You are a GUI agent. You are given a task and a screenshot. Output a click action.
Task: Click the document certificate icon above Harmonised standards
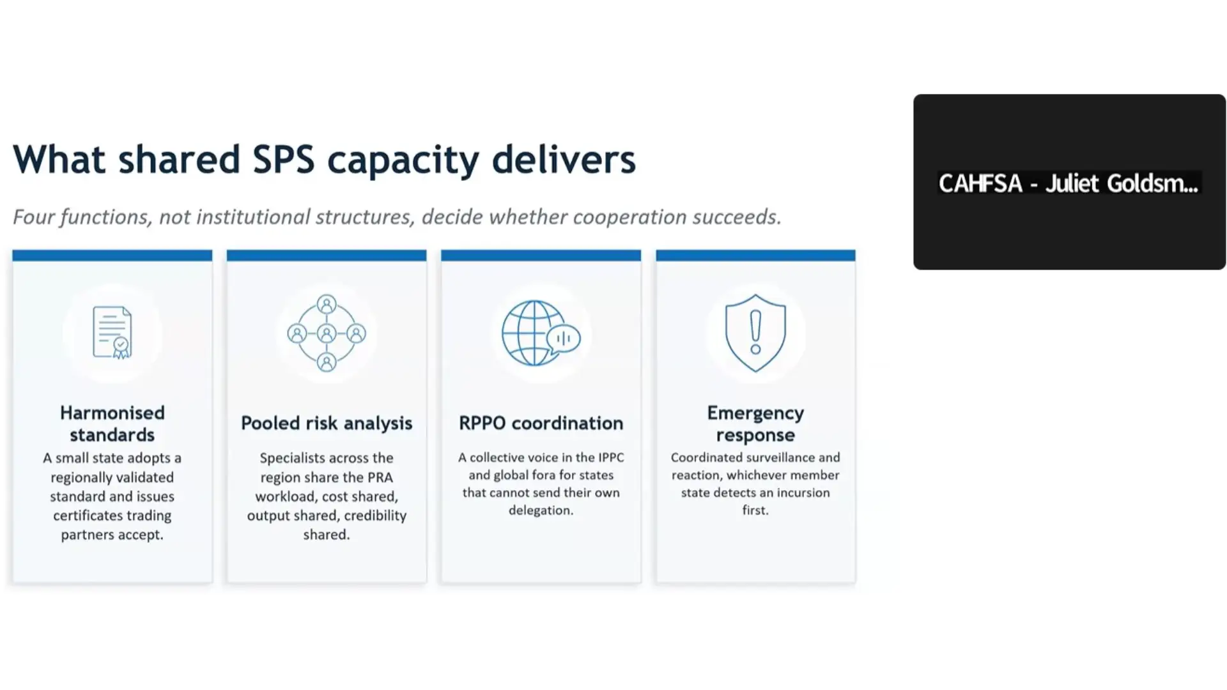point(112,332)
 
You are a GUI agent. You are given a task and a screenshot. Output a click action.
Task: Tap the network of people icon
point(327,333)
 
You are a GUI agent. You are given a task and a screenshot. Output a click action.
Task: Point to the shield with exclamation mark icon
point(755,333)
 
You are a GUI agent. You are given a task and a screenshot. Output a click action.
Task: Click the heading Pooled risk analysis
point(327,423)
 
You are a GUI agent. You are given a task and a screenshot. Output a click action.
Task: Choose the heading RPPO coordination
point(541,423)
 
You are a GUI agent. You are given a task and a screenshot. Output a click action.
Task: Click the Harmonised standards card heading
point(112,424)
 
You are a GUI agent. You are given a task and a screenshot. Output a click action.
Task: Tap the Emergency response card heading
point(755,424)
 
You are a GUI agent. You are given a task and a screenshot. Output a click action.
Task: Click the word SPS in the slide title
point(284,159)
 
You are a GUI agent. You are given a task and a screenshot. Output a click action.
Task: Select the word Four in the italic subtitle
point(34,217)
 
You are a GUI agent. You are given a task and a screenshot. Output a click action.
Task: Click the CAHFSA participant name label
point(1069,183)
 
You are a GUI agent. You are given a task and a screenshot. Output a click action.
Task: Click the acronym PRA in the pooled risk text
point(380,477)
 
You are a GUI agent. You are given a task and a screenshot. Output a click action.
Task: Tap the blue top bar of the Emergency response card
point(755,256)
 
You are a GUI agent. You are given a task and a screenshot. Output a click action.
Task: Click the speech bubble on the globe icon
point(564,339)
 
